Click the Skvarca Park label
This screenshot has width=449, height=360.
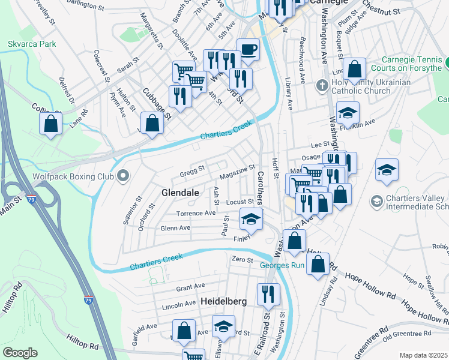[32, 44]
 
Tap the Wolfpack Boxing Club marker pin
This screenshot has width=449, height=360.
[123, 176]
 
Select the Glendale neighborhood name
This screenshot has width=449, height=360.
[180, 193]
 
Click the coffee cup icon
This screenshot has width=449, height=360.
[248, 49]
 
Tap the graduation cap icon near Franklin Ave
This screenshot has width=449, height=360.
[347, 112]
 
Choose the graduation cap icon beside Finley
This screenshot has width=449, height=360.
[251, 219]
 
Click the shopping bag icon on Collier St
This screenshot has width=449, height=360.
[51, 124]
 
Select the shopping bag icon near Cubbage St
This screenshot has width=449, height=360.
[153, 123]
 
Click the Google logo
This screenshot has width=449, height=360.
[20, 353]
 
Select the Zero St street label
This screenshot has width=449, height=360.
[242, 259]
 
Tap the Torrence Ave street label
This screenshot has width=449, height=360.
[196, 213]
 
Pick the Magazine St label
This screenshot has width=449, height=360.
[238, 172]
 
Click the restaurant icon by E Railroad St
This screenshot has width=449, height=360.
[268, 294]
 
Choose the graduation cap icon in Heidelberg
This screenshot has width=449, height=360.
[224, 326]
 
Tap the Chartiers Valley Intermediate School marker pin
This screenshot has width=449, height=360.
[376, 200]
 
